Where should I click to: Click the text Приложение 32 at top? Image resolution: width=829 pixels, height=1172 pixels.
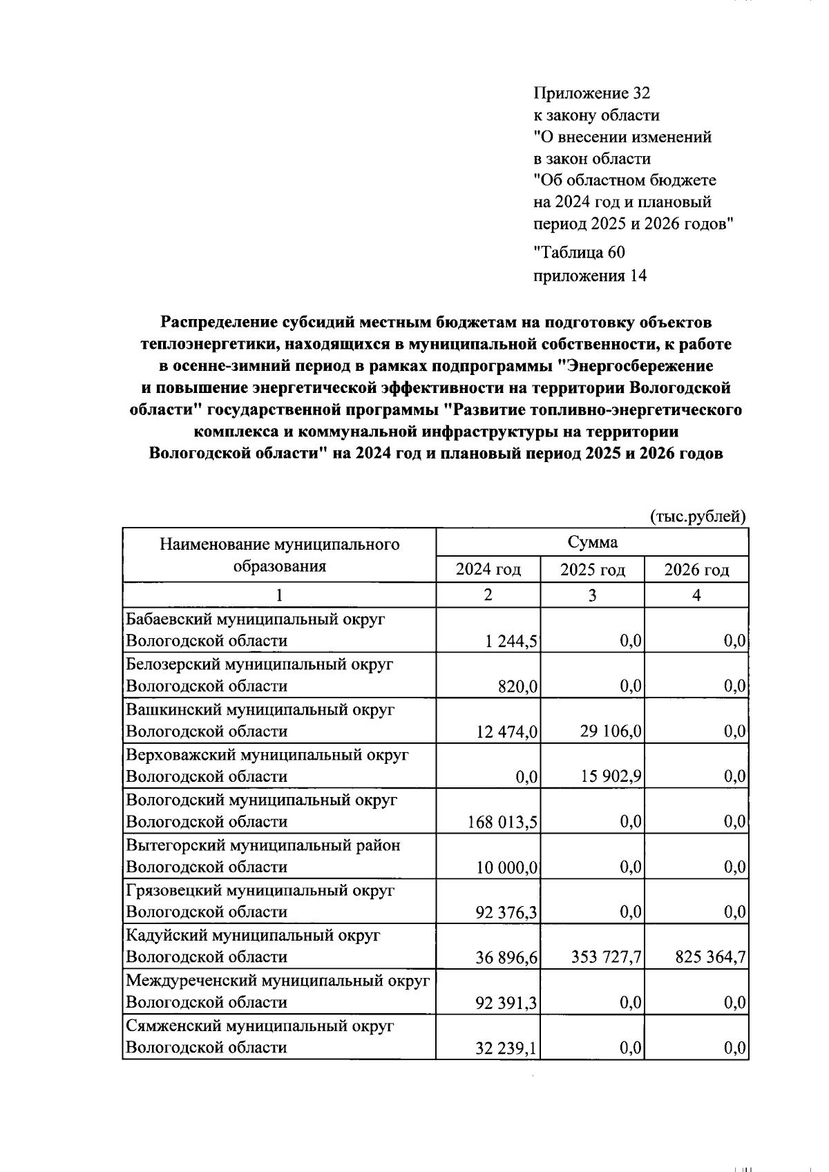coord(591,93)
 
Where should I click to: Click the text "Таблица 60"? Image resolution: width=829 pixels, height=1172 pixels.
coord(579,253)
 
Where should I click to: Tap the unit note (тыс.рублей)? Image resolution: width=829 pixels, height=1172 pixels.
coord(698,517)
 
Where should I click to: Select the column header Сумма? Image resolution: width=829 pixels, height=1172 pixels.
coord(592,542)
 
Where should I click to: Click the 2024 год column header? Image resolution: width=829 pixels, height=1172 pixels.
coord(488,570)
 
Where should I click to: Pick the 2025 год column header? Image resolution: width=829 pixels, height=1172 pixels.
coord(592,570)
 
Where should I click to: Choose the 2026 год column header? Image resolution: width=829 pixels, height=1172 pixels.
coord(696,570)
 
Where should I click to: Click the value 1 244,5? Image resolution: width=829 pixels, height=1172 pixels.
coord(512,642)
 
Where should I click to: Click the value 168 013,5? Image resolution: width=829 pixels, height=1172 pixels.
coord(503,822)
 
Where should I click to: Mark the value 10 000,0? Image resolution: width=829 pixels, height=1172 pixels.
coord(507,867)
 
